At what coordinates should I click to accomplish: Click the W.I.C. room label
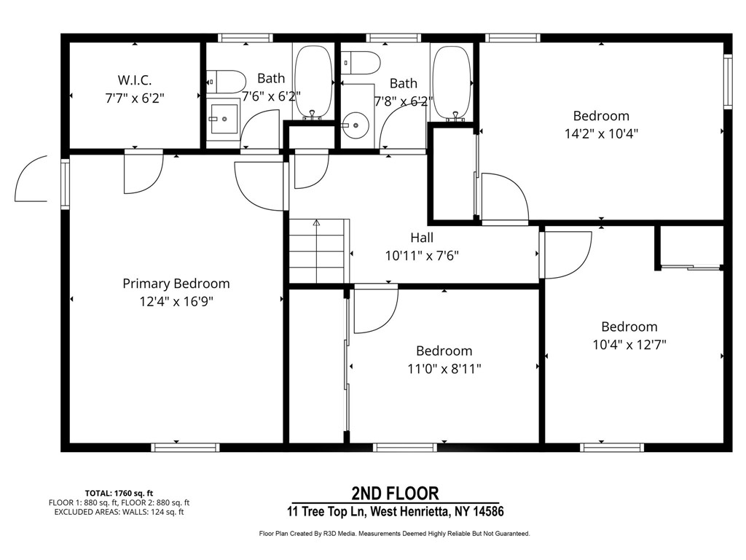(x=135, y=79)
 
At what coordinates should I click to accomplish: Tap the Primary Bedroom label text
(x=176, y=284)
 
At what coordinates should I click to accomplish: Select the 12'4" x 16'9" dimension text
(x=176, y=301)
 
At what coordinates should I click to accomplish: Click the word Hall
(x=421, y=238)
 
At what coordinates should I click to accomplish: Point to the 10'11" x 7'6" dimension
(x=421, y=256)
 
